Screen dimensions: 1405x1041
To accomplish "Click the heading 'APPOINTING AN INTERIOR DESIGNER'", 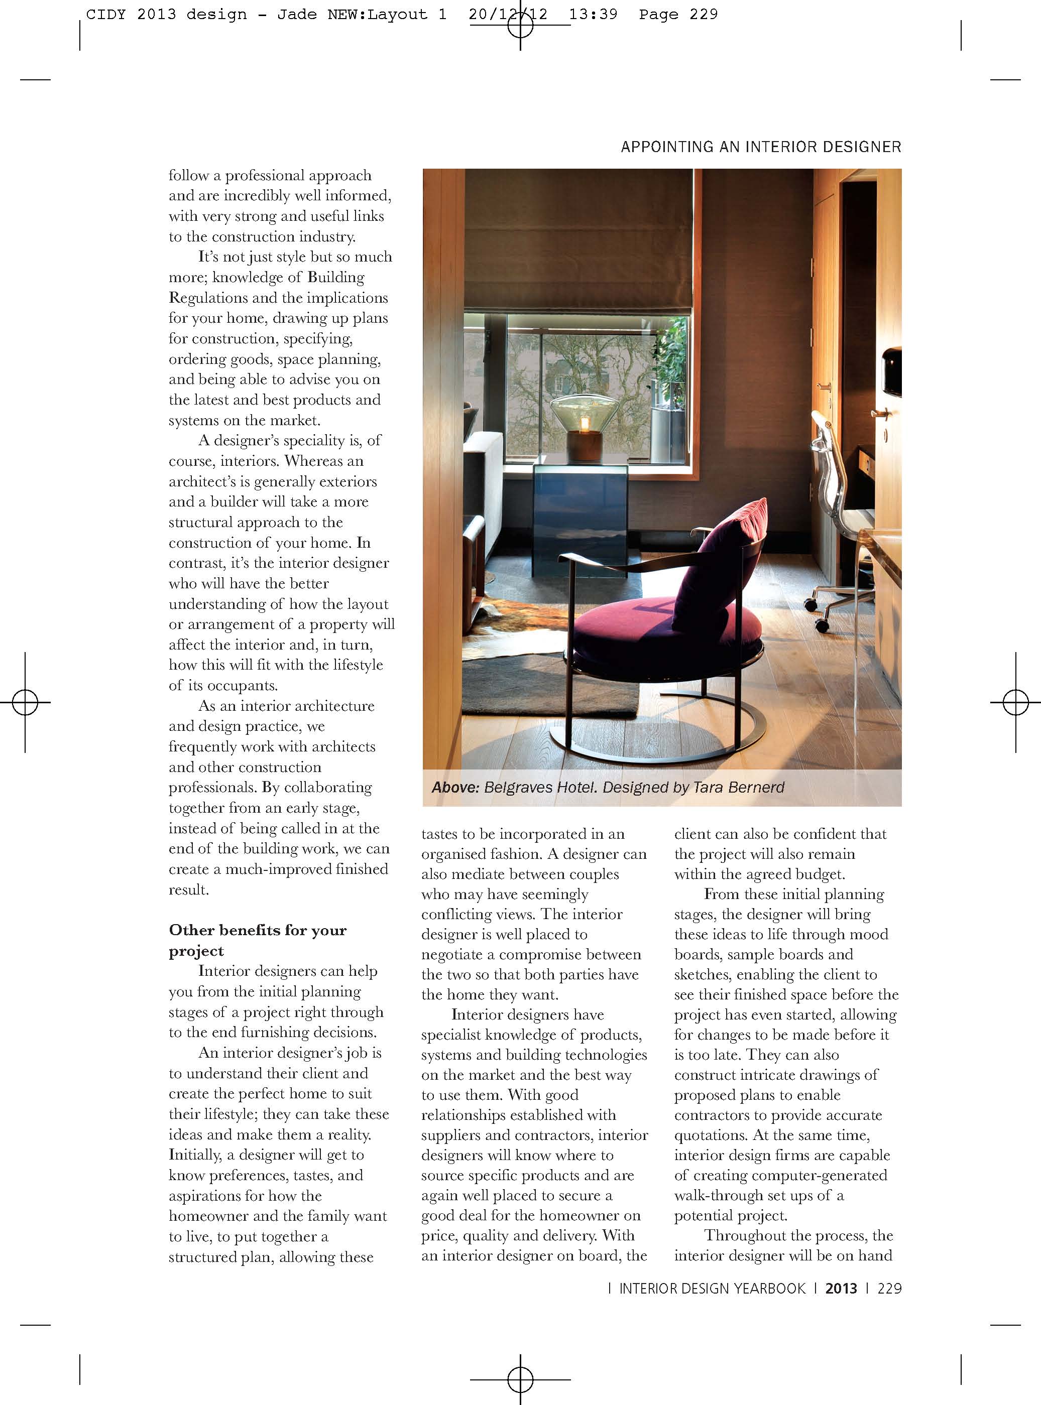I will pyautogui.click(x=761, y=147).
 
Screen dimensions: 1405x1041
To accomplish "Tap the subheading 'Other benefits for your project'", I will pyautogui.click(x=257, y=940).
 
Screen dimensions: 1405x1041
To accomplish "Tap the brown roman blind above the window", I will pyautogui.click(x=578, y=239).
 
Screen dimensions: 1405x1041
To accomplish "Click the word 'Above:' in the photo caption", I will pyautogui.click(x=455, y=787).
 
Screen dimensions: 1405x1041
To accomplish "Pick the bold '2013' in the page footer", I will pyautogui.click(x=841, y=1289).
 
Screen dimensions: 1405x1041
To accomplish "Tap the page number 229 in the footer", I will pyautogui.click(x=889, y=1289).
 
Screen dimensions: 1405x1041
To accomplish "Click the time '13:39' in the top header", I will pyautogui.click(x=593, y=15).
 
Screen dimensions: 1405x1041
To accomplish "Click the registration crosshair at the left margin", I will pyautogui.click(x=25, y=702).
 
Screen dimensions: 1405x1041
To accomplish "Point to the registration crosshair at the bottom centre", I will pyautogui.click(x=520, y=1380).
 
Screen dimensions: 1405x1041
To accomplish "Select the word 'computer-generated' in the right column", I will pyautogui.click(x=819, y=1175).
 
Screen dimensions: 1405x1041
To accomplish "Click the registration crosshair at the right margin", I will pyautogui.click(x=1015, y=702).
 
